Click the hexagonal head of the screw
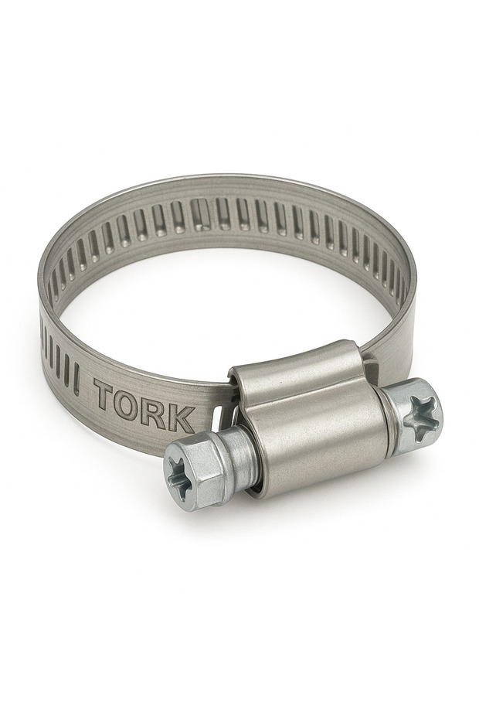(192, 476)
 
